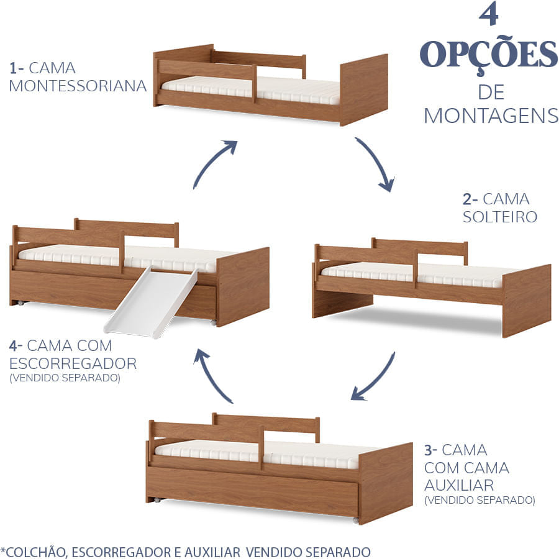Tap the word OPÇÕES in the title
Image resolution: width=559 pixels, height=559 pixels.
click(489, 56)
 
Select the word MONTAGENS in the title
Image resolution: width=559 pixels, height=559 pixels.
click(491, 116)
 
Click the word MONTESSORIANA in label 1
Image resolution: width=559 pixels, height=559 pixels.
click(78, 85)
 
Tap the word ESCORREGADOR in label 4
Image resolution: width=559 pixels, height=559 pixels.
click(73, 362)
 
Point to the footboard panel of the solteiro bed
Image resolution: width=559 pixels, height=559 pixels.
click(526, 300)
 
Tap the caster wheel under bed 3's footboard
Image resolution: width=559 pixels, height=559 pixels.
click(355, 519)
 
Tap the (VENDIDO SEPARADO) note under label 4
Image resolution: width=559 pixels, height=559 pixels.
click(65, 378)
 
